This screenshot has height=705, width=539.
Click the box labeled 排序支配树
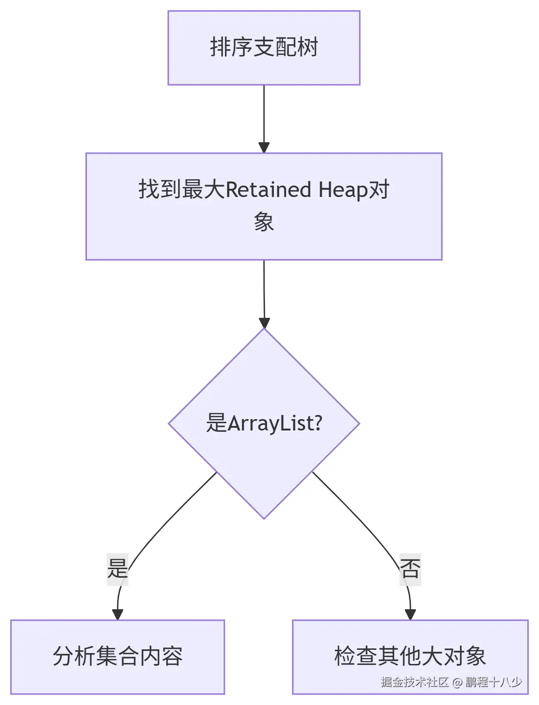point(264,47)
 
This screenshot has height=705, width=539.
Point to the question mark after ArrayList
point(318,423)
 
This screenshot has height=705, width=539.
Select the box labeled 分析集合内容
point(118,657)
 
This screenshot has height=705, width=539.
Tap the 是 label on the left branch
point(118,569)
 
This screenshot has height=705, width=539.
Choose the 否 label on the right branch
point(410,569)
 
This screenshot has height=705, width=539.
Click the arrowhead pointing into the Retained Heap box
point(264,147)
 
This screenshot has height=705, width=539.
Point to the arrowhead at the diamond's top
point(264,323)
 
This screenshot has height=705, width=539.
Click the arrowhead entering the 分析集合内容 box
point(118,614)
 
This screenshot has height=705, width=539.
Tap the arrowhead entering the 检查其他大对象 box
point(410,614)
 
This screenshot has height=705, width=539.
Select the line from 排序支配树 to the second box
point(264,114)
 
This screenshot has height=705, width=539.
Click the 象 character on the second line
point(264,222)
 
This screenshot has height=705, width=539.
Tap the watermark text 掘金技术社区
point(415,682)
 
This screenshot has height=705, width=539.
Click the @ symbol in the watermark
point(457,682)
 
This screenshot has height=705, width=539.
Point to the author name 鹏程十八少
point(493,682)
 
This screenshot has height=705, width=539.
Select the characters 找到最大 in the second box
point(181,190)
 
